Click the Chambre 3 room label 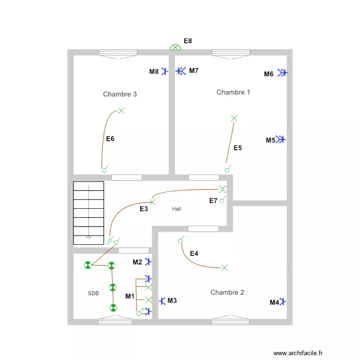120,94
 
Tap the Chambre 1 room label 233,92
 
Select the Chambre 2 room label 227,292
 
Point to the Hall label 177,209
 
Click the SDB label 94,293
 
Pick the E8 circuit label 188,41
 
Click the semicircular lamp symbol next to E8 176,48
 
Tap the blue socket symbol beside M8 165,72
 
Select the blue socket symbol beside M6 282,73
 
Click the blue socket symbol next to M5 281,140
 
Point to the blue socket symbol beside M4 284,302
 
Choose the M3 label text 172,301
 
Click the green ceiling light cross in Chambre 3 121,111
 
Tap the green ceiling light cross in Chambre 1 234,118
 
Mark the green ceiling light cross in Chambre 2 224,268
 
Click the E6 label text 110,139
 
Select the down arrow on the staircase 88,237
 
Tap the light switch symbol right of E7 222,200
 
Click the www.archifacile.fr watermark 297,353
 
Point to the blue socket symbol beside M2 149,262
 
